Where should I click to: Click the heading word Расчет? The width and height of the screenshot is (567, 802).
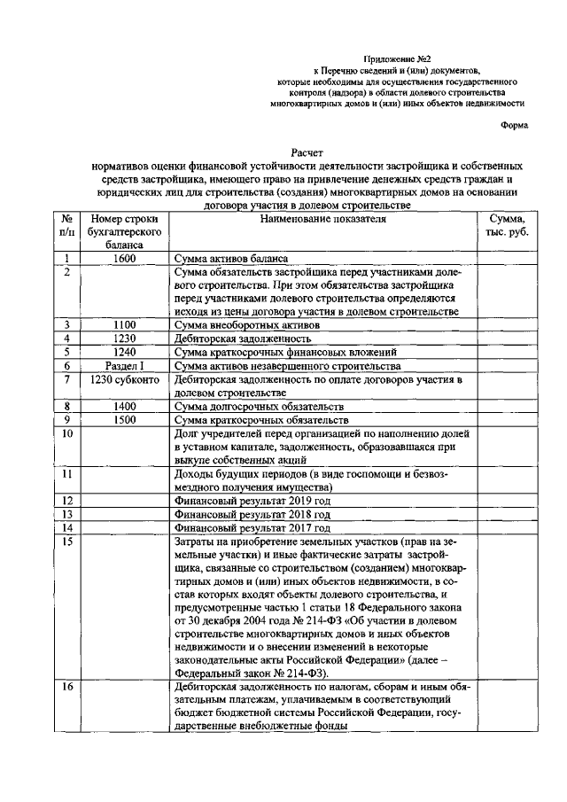tap(309, 152)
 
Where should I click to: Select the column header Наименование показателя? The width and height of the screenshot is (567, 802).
tap(323, 218)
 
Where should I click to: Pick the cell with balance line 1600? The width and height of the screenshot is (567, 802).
tap(124, 259)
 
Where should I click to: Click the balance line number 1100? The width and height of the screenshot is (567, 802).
tap(124, 324)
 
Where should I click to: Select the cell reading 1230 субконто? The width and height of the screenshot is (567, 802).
tap(124, 378)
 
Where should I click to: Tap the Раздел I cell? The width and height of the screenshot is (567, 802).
tap(124, 364)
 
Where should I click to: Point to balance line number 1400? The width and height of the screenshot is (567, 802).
tap(124, 405)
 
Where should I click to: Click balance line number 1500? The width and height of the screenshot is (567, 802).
tap(124, 418)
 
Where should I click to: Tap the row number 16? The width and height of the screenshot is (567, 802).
tap(67, 687)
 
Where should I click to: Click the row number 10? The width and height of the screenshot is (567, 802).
tap(67, 432)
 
